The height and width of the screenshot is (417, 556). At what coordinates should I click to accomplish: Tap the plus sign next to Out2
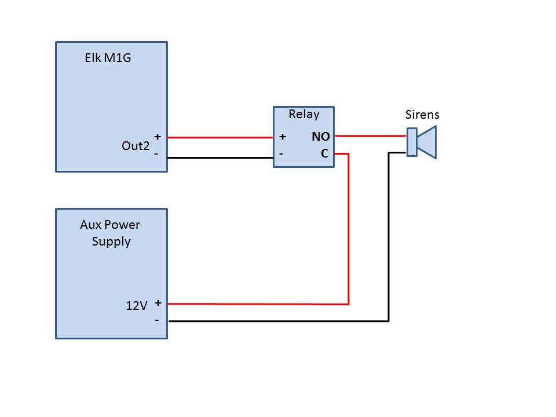point(157,137)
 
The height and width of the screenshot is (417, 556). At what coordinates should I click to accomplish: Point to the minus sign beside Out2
point(156,154)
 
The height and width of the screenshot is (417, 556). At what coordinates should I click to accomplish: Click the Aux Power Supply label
point(111,233)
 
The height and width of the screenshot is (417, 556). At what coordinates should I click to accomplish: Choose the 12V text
point(137,305)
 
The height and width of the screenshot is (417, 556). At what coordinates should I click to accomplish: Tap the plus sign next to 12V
point(157,302)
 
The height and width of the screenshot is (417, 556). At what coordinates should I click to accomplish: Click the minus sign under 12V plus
point(156,319)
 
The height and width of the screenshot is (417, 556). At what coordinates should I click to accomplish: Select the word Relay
point(303,114)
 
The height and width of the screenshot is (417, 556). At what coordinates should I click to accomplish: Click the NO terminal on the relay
point(320,137)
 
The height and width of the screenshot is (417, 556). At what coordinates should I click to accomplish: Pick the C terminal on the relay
point(324,154)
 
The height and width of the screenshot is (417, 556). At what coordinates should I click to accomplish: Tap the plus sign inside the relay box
point(283,137)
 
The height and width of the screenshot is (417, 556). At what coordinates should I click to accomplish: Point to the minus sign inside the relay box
point(281,154)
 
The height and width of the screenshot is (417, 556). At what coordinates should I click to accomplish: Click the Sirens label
point(422,115)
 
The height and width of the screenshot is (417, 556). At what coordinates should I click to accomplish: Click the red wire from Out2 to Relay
point(220,138)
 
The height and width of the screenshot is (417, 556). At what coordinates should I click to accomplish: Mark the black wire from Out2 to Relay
point(220,158)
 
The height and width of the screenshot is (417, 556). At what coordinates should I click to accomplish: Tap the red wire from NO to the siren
point(371,136)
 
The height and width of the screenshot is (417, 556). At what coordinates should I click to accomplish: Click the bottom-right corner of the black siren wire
point(389,320)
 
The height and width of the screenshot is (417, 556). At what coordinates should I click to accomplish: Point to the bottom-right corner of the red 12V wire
point(348,303)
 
